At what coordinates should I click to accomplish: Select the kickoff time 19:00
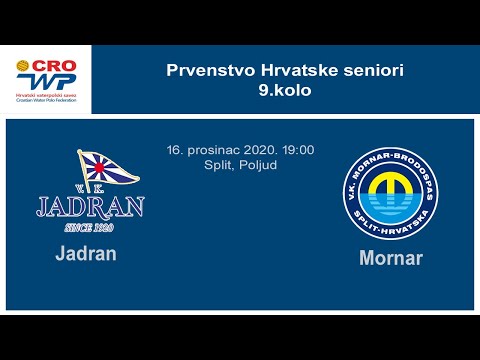(299, 150)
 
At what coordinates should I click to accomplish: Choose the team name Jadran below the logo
(86, 253)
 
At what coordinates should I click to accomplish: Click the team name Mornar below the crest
(391, 258)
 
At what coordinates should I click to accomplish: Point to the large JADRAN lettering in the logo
(91, 206)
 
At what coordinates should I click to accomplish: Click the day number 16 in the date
(174, 150)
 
